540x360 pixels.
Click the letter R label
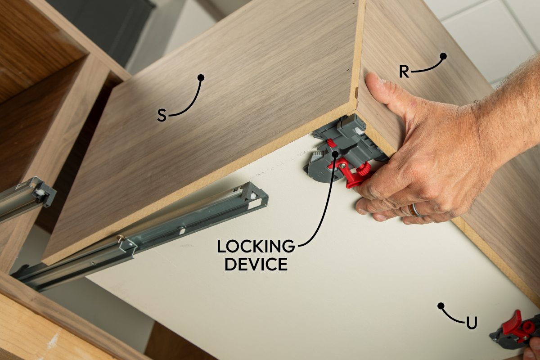405,72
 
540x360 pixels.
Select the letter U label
471,323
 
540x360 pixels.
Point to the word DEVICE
256,264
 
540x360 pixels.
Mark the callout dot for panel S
201,77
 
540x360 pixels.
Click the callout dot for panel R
443,56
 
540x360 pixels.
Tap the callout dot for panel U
441,306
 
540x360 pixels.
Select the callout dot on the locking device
335,154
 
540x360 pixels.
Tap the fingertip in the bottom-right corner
534,348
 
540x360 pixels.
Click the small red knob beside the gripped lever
331,143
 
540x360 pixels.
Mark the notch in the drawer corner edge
356,94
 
